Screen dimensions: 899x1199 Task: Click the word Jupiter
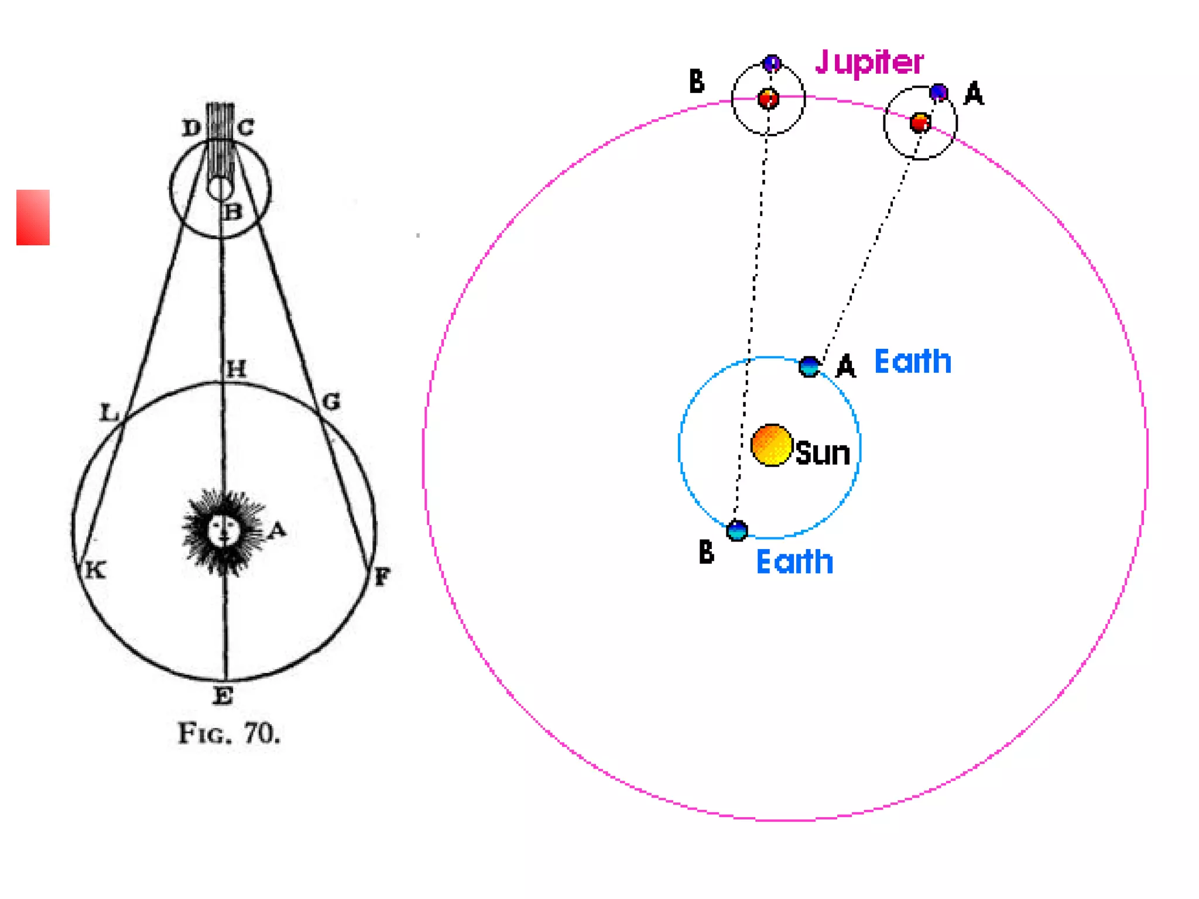pos(869,62)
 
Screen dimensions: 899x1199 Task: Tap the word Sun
pos(823,453)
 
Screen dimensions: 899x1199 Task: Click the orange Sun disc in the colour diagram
pos(772,445)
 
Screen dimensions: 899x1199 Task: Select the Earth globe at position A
pos(809,366)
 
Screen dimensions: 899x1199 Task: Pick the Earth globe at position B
pos(736,530)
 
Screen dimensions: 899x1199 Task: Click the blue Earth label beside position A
pos(913,361)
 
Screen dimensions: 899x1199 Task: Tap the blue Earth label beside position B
pos(794,562)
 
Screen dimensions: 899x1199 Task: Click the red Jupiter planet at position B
pos(768,98)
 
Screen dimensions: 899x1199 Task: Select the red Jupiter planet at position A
pos(920,123)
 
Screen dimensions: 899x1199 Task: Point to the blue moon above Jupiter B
pos(772,62)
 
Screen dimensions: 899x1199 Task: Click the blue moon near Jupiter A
pos(938,92)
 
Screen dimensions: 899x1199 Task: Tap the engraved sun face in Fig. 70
pos(223,530)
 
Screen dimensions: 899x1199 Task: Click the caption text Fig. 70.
pos(229,733)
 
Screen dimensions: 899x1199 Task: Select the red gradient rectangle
pos(33,217)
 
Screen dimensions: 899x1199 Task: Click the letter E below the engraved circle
pos(223,696)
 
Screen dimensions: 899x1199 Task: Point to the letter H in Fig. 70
pos(237,369)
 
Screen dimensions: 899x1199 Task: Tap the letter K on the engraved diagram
pos(95,569)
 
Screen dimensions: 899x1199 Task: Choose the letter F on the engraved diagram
pos(382,577)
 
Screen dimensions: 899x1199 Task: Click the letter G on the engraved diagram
pos(331,402)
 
